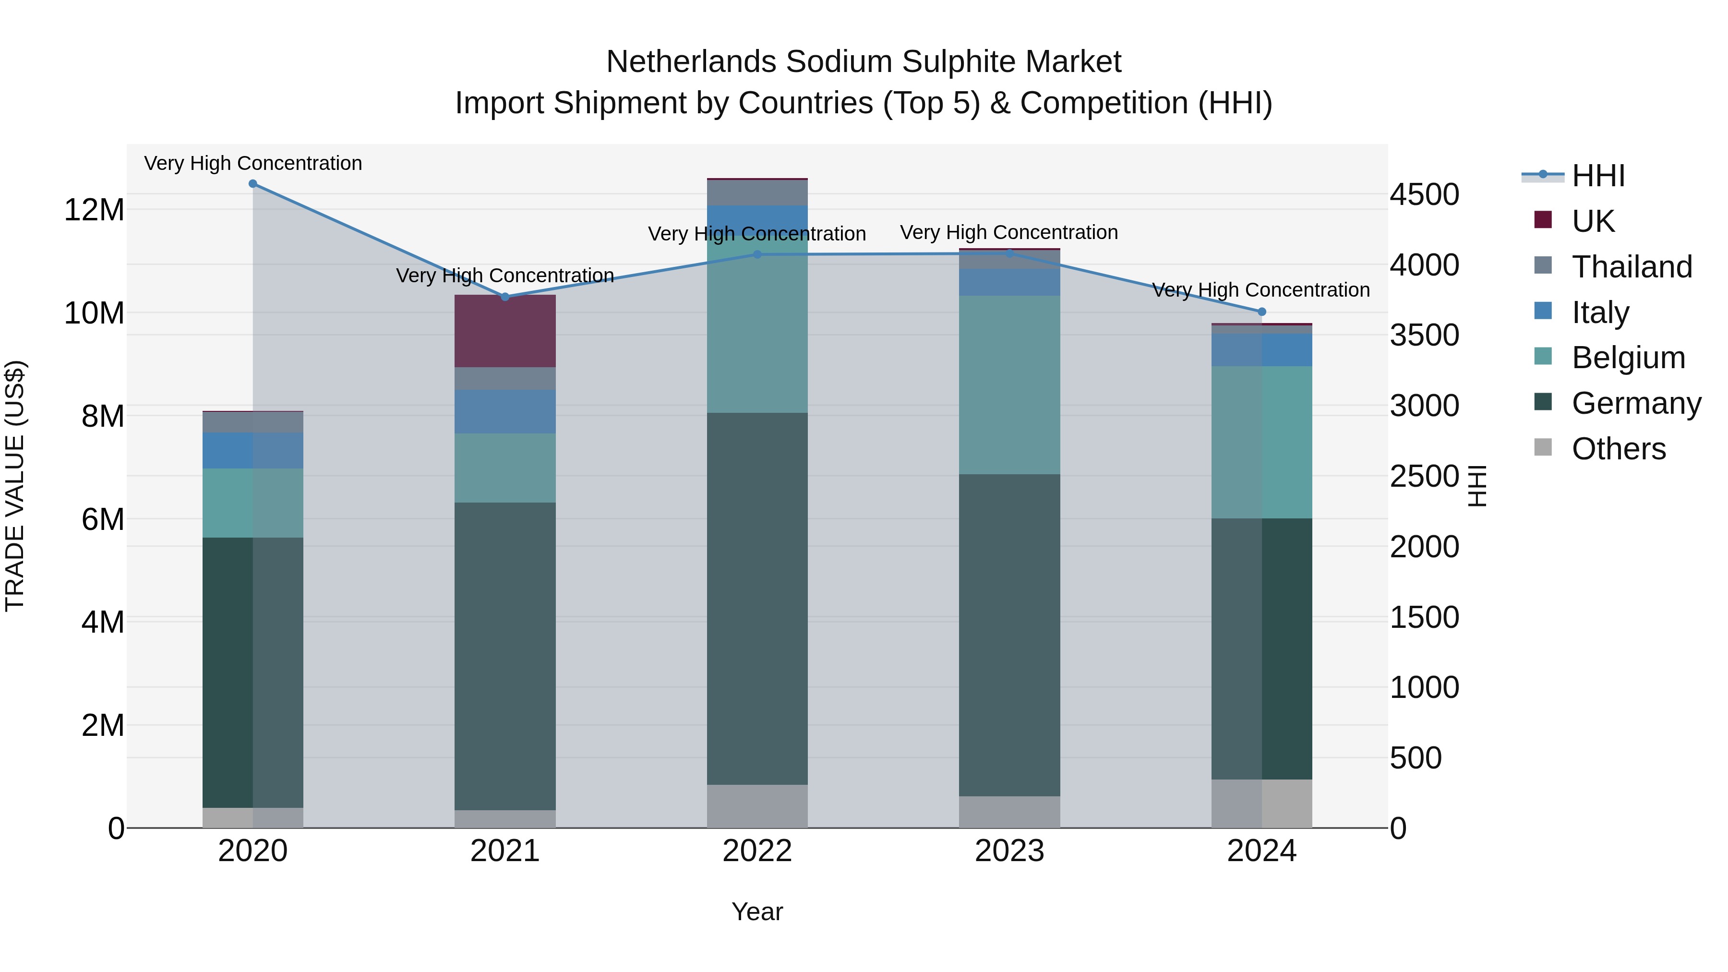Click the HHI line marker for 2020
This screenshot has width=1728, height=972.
pyautogui.click(x=253, y=184)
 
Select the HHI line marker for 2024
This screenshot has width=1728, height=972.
pyautogui.click(x=1261, y=312)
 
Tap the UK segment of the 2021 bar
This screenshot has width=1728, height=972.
pyautogui.click(x=505, y=331)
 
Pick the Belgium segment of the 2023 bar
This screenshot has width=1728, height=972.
pyautogui.click(x=1009, y=385)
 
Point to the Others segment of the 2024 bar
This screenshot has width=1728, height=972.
pyautogui.click(x=1261, y=803)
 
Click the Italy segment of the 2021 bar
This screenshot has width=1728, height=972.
pyautogui.click(x=505, y=412)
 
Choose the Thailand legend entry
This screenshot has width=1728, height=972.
pyautogui.click(x=1632, y=267)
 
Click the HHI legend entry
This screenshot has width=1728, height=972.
pyautogui.click(x=1598, y=176)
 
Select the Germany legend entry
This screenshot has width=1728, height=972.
pyautogui.click(x=1635, y=403)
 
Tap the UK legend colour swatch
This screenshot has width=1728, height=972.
pyautogui.click(x=1543, y=220)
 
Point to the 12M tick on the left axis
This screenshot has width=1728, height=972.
pyautogui.click(x=94, y=210)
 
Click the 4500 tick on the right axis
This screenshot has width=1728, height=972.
pyautogui.click(x=1424, y=194)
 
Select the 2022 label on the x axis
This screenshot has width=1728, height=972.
pyautogui.click(x=757, y=851)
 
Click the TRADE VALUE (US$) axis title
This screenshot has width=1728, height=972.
pyautogui.click(x=15, y=486)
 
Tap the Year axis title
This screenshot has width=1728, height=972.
pyautogui.click(x=757, y=912)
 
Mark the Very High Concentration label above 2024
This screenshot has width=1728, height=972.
pyautogui.click(x=1260, y=290)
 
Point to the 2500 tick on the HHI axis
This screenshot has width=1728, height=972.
pyautogui.click(x=1424, y=476)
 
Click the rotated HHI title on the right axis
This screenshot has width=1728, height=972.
pyautogui.click(x=1478, y=486)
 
